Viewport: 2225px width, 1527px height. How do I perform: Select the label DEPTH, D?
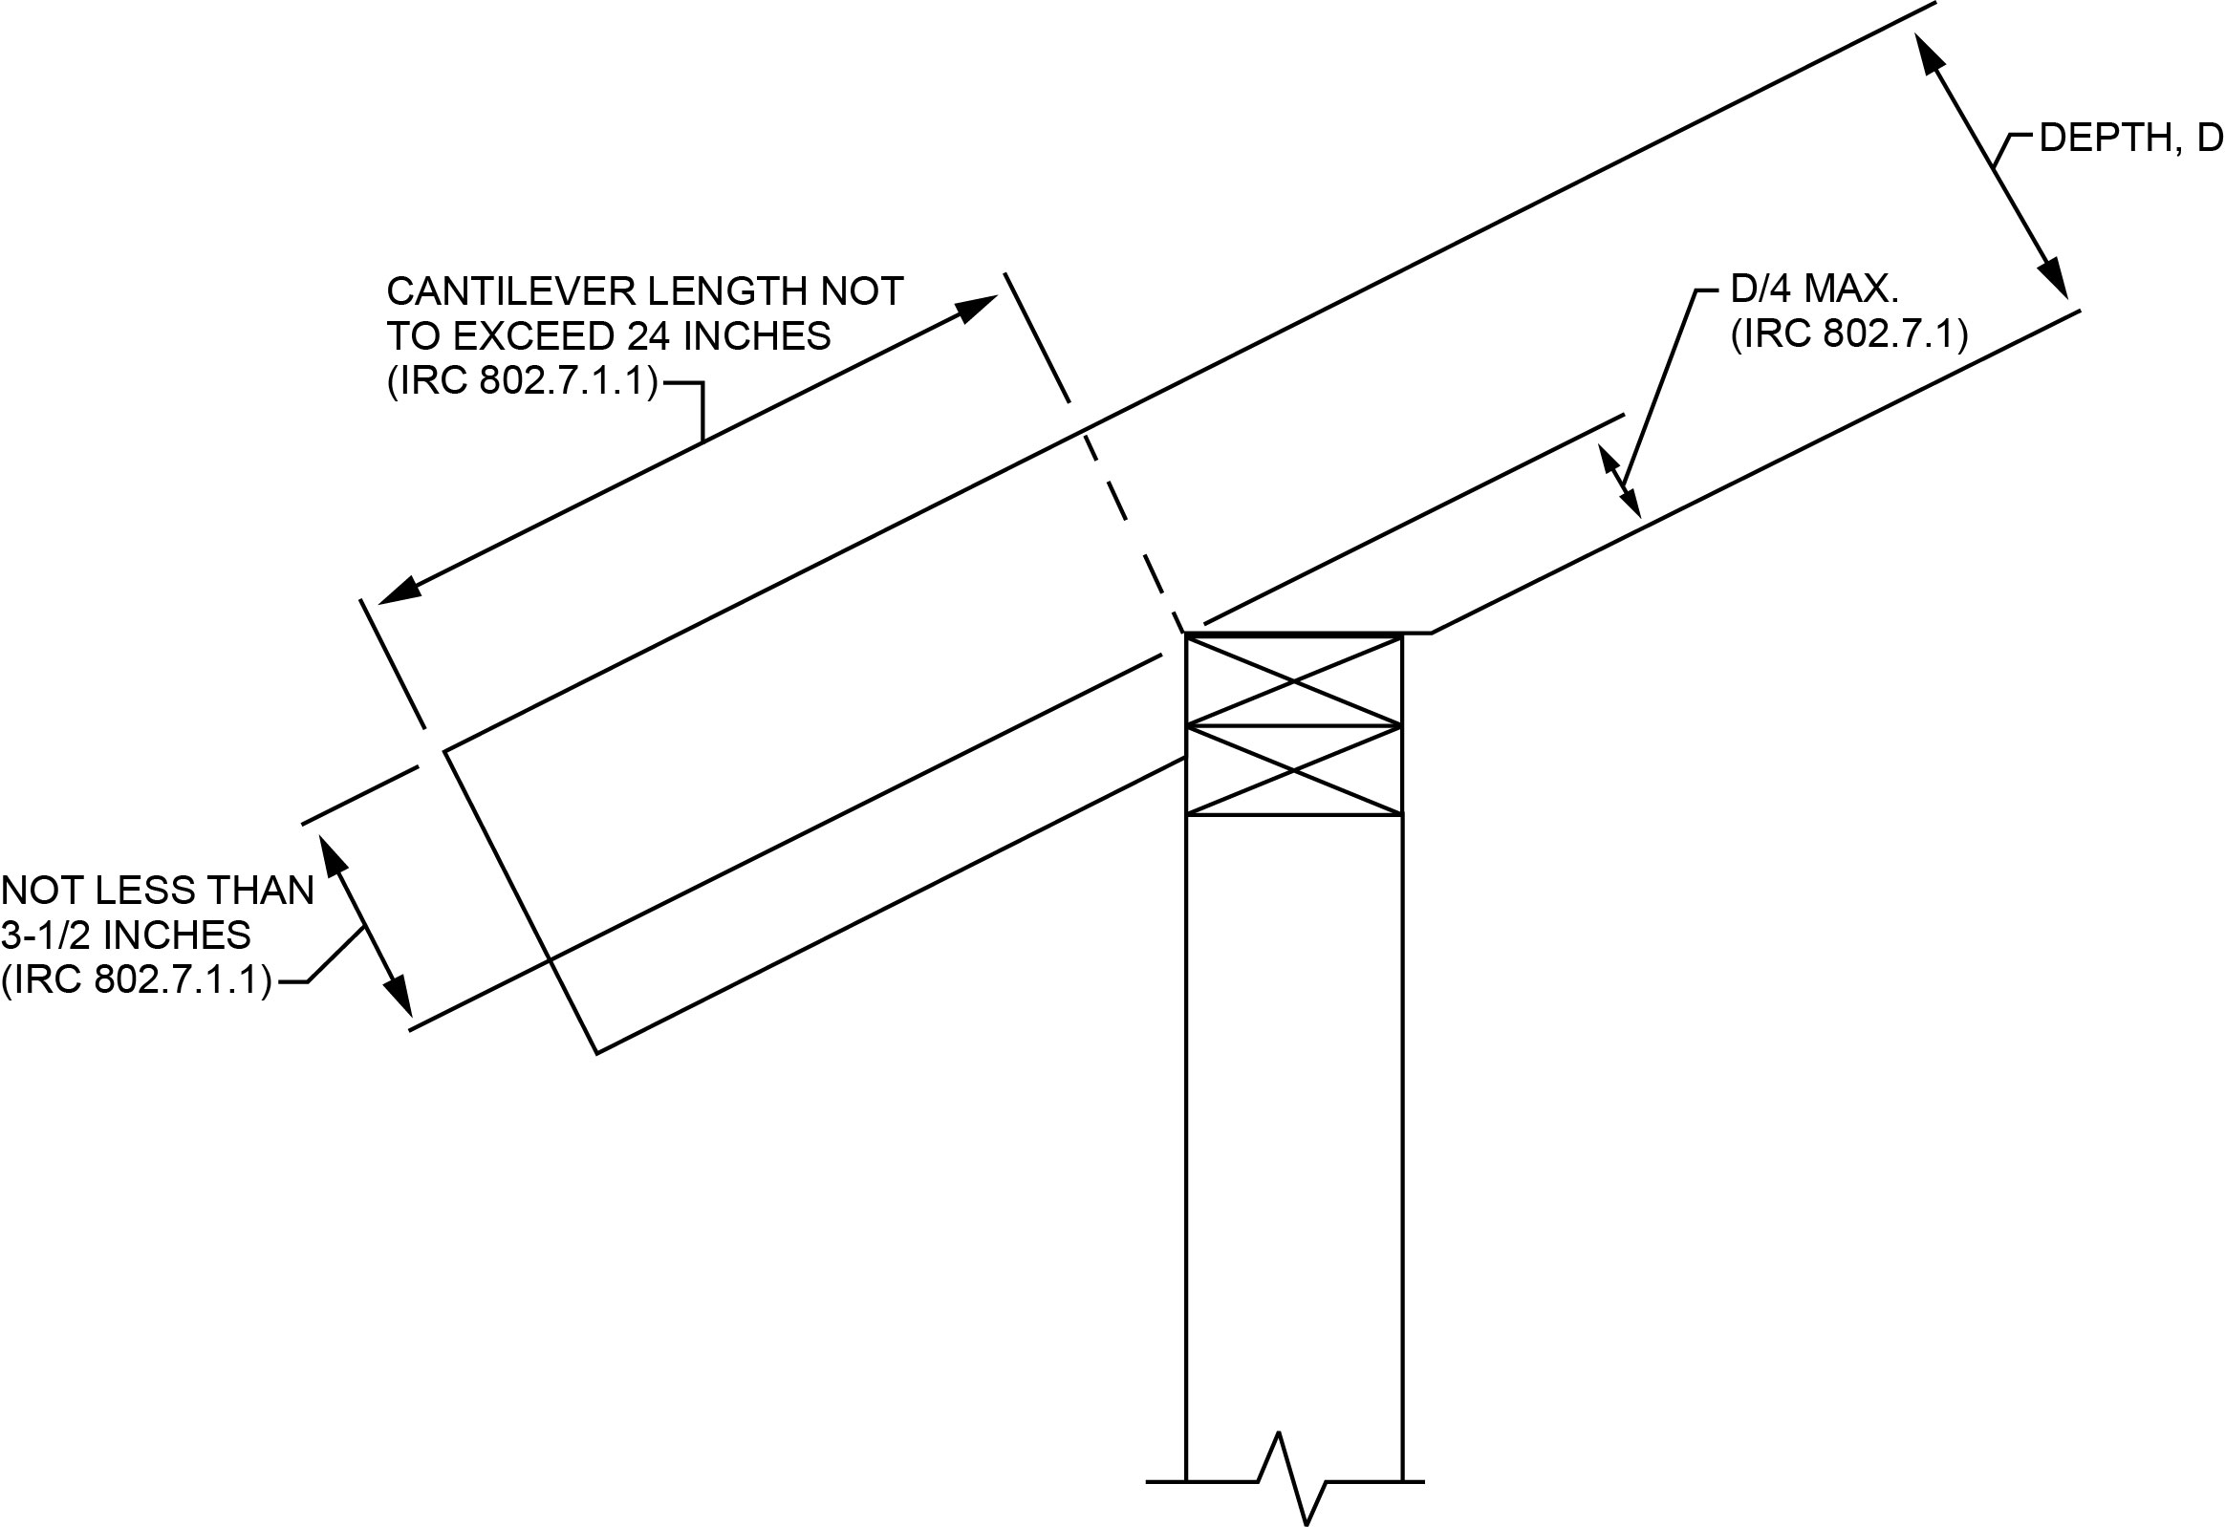[x=2129, y=165]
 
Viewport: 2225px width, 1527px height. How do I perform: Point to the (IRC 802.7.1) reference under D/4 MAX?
[x=1848, y=335]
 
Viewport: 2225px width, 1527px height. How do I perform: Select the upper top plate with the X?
[x=1293, y=681]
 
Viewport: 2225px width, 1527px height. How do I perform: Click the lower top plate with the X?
[x=1293, y=771]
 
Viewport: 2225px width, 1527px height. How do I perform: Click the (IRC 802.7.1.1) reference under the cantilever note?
[x=523, y=382]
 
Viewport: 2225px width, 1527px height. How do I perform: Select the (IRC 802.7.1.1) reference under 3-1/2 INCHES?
[x=137, y=980]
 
